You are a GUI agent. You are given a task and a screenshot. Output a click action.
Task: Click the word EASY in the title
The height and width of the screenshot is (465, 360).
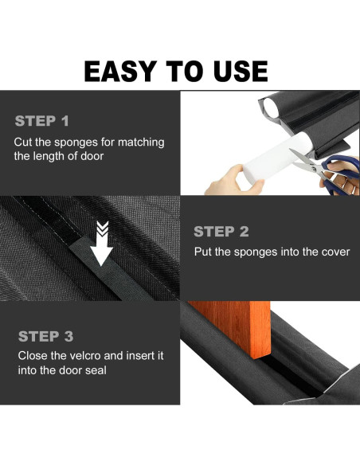(x=120, y=71)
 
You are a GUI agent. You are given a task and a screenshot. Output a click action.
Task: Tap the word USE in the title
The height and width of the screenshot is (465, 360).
(x=241, y=71)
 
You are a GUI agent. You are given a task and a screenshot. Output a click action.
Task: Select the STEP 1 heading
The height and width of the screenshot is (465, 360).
(x=41, y=121)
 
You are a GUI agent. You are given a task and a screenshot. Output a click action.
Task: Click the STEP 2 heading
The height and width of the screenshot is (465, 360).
(x=221, y=232)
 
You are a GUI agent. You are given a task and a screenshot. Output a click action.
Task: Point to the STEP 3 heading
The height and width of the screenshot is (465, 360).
(x=45, y=336)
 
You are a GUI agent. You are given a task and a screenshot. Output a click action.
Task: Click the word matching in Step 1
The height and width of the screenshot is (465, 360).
(x=141, y=143)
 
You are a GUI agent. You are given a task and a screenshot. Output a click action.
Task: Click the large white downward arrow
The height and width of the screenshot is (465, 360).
(x=102, y=244)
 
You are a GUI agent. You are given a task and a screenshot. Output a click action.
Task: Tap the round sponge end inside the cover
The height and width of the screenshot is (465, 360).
(x=271, y=107)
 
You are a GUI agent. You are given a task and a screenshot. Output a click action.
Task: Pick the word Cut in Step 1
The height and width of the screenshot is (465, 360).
(x=23, y=143)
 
